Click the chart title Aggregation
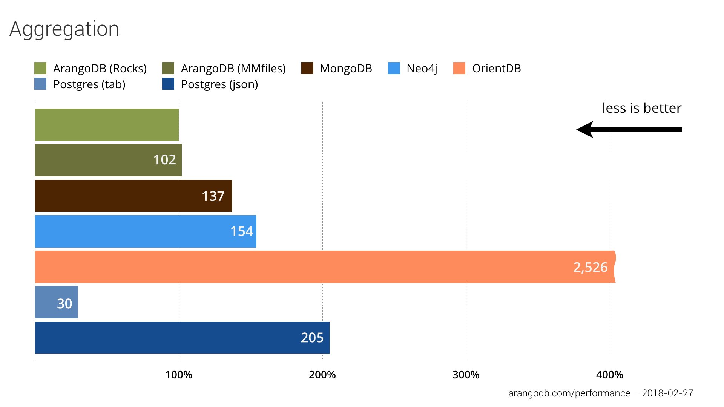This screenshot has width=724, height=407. pos(64,29)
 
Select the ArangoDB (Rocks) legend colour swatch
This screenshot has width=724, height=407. pos(40,68)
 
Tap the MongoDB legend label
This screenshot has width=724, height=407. pos(346,68)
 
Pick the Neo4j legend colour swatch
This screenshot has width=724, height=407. pos(394,68)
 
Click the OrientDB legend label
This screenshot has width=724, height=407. pos(496,68)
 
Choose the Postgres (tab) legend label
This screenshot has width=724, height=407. pos(89,84)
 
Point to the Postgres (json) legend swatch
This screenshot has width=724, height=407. pos(168,84)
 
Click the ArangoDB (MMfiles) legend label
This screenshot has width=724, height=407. pos(233,68)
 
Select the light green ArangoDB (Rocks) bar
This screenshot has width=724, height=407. pos(107,125)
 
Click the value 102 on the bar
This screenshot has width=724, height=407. pos(164,160)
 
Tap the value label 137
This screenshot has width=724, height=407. pos(213,196)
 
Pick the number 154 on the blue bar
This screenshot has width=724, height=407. pos(242,231)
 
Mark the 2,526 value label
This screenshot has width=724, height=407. pos(590,267)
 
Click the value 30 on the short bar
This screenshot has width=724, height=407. pos(64,303)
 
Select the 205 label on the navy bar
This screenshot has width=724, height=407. pos(312,338)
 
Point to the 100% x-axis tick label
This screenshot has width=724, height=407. pos(179,375)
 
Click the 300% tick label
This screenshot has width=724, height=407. pos(466,375)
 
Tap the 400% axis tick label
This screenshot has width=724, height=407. pos(609,375)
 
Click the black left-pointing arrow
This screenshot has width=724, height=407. pos(629,130)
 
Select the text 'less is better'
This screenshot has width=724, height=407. pos(642,108)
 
